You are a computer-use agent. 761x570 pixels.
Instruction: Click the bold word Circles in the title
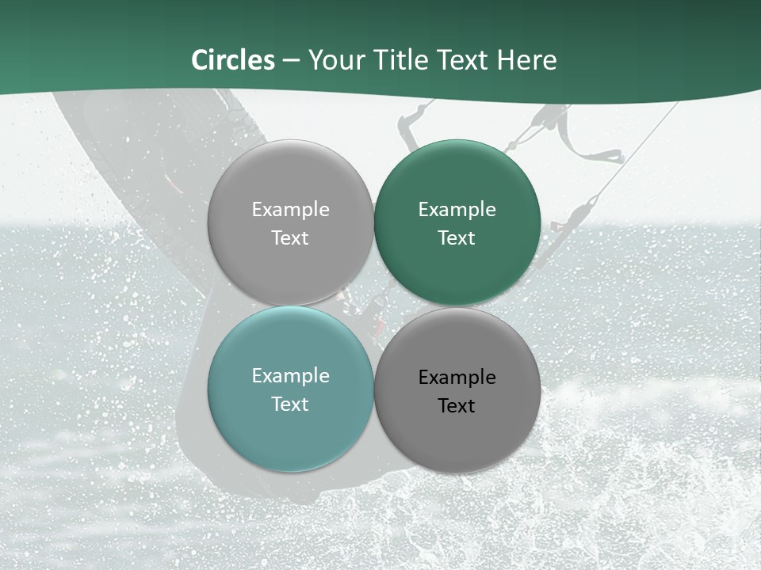pyautogui.click(x=233, y=60)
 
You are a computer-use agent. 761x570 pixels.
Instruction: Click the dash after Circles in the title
pyautogui.click(x=291, y=61)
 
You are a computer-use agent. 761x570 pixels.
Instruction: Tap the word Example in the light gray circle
pyautogui.click(x=290, y=210)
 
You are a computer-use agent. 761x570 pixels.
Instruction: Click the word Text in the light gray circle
pyautogui.click(x=290, y=237)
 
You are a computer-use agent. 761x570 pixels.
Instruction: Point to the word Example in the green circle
pyautogui.click(x=457, y=210)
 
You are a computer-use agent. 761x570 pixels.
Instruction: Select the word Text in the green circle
pyautogui.click(x=457, y=237)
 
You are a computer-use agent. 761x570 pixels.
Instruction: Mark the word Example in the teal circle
pyautogui.click(x=290, y=376)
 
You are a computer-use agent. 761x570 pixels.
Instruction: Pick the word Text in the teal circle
pyautogui.click(x=290, y=404)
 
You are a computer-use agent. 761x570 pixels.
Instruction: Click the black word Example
pyautogui.click(x=457, y=378)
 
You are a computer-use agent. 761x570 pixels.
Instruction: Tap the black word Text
pyautogui.click(x=457, y=405)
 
